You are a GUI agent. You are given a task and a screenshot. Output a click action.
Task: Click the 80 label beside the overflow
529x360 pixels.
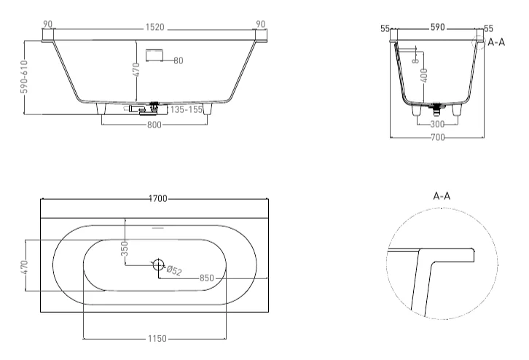[x=179, y=60]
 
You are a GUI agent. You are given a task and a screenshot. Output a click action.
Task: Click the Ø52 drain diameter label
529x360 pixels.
[x=175, y=271]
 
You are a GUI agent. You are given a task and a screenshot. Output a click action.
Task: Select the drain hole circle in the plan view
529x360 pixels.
[x=158, y=265]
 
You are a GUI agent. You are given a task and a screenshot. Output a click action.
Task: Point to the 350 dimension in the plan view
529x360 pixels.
[x=125, y=248]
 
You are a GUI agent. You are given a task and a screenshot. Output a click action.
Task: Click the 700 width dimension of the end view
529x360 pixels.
[x=438, y=136]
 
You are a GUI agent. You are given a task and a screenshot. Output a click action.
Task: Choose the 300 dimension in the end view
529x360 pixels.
[x=437, y=124]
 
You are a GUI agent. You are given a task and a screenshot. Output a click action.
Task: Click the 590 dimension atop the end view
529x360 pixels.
[x=437, y=27]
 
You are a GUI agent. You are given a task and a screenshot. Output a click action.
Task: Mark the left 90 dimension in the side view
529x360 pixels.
[x=48, y=24]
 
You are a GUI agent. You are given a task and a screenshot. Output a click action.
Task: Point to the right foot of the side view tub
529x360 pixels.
[x=210, y=109]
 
